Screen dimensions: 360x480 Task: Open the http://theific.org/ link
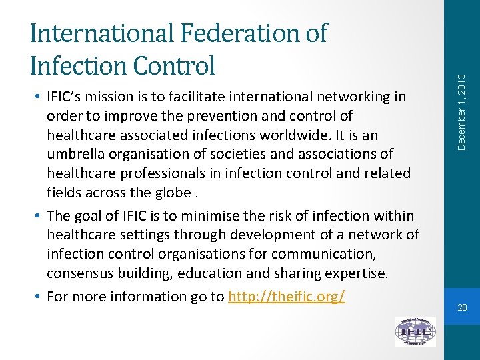pos(286,297)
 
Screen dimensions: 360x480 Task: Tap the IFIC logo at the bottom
pos(415,331)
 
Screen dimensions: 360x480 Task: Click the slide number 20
pos(462,308)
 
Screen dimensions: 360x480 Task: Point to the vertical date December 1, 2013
pos(463,93)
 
